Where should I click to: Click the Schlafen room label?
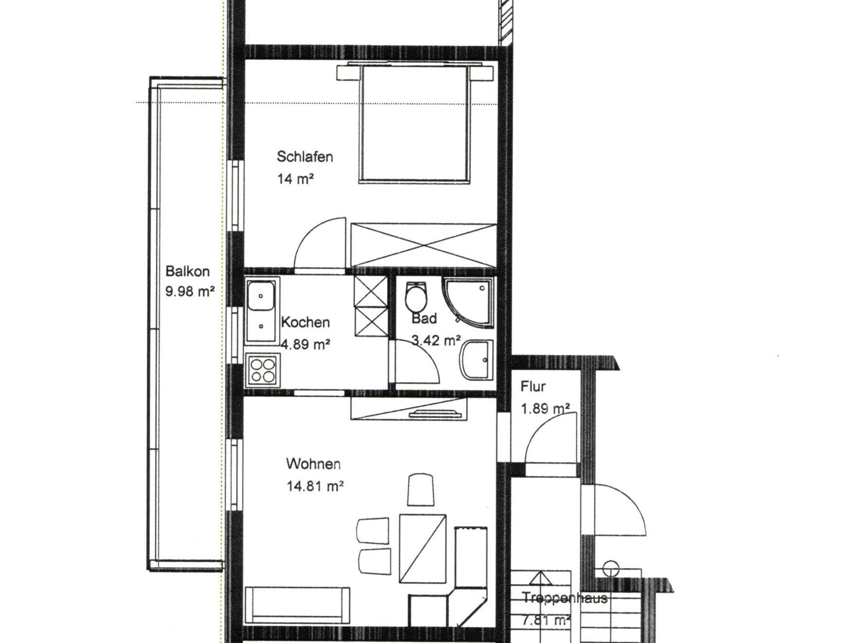coord(305,157)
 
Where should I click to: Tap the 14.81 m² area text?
coord(315,486)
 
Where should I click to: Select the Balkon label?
coord(187,271)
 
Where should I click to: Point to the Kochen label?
coord(306,322)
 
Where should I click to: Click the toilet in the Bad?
coord(416,296)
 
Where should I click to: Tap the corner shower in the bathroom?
coord(468,301)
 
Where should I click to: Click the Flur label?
coord(533,387)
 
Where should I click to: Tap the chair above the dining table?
coord(420,489)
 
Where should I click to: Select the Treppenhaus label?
coord(564,598)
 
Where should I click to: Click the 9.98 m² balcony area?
coord(190,291)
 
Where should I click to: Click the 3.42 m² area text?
coord(436,341)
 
